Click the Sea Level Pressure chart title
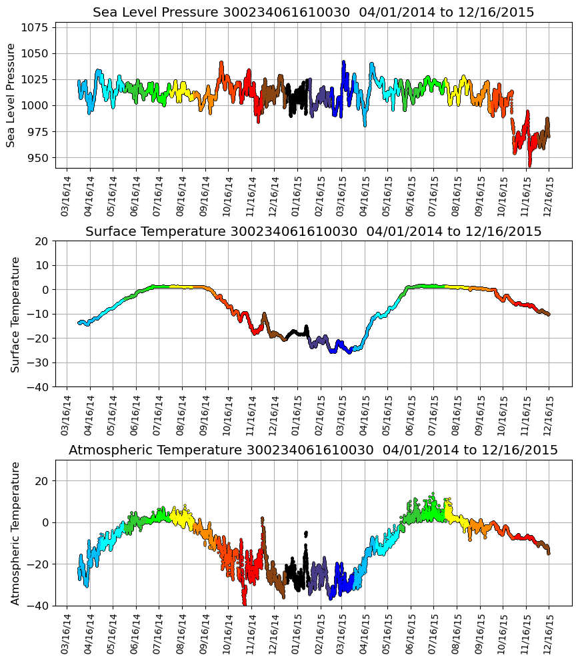pyautogui.click(x=313, y=13)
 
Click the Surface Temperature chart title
pyautogui.click(x=313, y=232)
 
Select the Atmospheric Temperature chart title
pyautogui.click(x=313, y=450)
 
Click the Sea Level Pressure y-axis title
pyautogui.click(x=11, y=95)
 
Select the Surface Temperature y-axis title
pyautogui.click(x=15, y=314)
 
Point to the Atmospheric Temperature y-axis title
pyautogui.click(x=15, y=533)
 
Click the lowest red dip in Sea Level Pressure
pyautogui.click(x=530, y=164)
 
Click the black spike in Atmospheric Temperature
pyautogui.click(x=306, y=534)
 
